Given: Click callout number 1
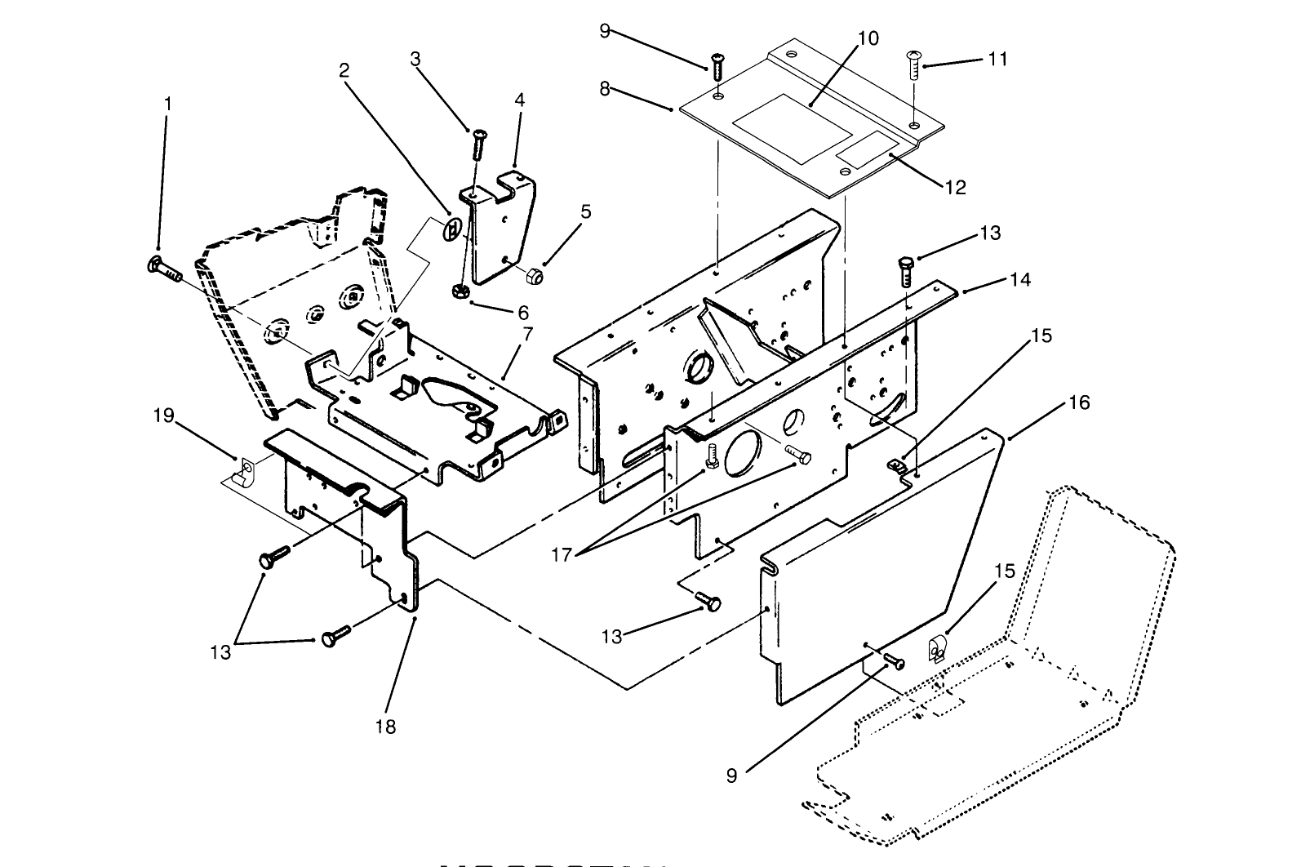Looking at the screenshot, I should pos(167,104).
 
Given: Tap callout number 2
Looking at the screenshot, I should pos(344,70).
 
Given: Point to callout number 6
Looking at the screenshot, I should pos(523,313).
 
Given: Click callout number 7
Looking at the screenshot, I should pos(527,334).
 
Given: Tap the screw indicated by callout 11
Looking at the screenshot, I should pos(913,64).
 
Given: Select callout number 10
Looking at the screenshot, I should pos(868,39).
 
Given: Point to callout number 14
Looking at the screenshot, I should pos(1019,280).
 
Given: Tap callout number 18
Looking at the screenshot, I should pos(385,726).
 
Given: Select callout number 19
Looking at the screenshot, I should pos(163,416).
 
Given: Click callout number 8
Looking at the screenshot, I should pos(605,89).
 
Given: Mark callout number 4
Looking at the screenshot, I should pos(519,100).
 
